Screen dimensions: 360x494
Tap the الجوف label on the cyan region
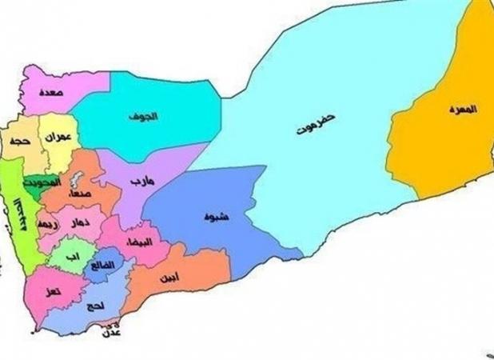click(x=146, y=117)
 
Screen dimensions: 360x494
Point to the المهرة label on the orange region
click(x=462, y=109)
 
